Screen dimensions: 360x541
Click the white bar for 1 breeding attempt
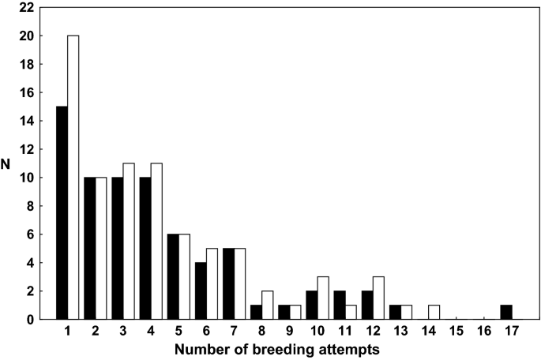pos(73,177)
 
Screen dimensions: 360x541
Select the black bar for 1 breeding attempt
pos(62,212)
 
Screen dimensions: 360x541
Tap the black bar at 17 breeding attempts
pos(507,312)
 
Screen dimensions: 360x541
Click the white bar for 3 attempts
pos(129,241)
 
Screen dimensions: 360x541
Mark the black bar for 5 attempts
pos(173,276)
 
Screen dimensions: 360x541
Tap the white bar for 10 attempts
pos(323,298)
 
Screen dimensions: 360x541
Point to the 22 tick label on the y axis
pos(26,8)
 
